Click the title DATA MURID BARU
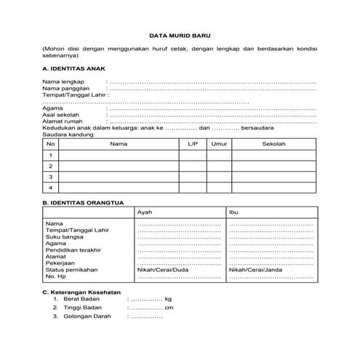coord(179,34)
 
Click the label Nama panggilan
coord(63,89)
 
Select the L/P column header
coord(192,144)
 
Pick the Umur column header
coord(217,144)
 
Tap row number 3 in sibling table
coord(50,177)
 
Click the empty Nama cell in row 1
coord(119,155)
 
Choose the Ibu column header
coord(233,212)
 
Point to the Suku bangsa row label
coord(62,236)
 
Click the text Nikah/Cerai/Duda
coord(163,270)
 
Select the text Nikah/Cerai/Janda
coord(255,270)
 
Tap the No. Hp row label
coord(55,276)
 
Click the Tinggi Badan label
coord(82,308)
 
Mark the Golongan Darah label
coord(87,318)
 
